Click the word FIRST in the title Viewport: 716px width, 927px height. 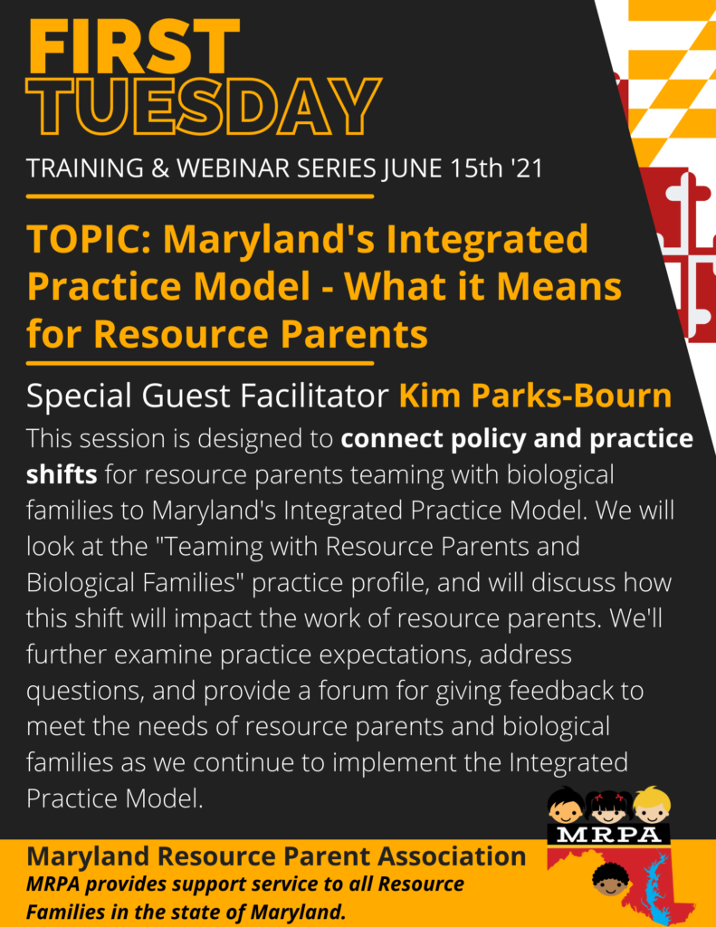pyautogui.click(x=133, y=46)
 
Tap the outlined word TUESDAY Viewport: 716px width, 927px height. pyautogui.click(x=203, y=107)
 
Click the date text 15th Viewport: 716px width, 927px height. pyautogui.click(x=476, y=168)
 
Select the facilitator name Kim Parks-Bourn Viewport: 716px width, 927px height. pyautogui.click(x=536, y=396)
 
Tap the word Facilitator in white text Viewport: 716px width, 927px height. pyautogui.click(x=312, y=396)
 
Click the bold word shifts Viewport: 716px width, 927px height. pyautogui.click(x=62, y=474)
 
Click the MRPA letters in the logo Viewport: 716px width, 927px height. pyautogui.click(x=609, y=834)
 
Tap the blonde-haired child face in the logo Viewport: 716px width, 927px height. pyautogui.click(x=652, y=805)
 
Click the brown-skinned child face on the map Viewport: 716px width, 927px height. pyautogui.click(x=609, y=879)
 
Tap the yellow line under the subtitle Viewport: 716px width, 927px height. pyautogui.click(x=200, y=196)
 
